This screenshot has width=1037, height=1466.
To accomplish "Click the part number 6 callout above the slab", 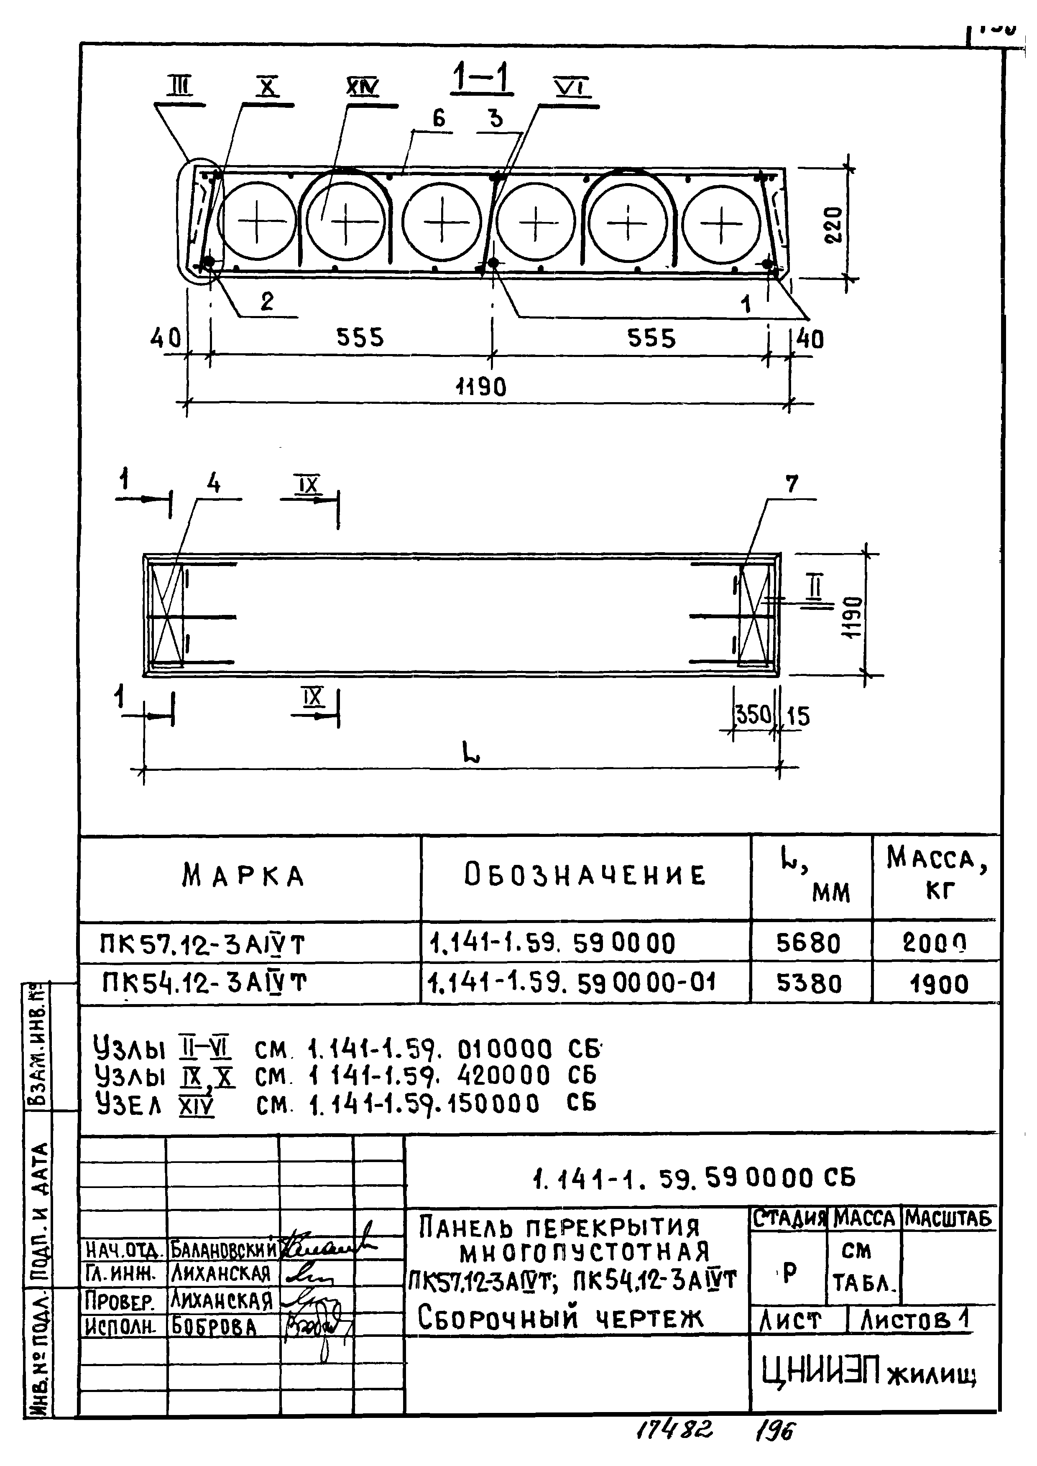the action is point(438,118).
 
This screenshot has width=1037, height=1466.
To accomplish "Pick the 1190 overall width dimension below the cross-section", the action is point(481,387).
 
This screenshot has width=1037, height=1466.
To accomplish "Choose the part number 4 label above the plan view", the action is point(214,484).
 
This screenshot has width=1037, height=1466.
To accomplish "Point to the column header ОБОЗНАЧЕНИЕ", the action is point(585,875).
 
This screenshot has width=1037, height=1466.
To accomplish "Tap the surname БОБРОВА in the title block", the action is point(213,1328).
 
